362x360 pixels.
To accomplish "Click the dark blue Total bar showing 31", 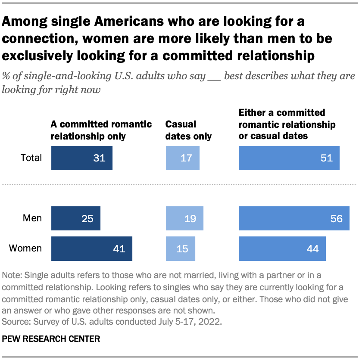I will [81, 158].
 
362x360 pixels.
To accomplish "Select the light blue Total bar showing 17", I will [183, 158].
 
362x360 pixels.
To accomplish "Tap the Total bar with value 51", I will [289, 158].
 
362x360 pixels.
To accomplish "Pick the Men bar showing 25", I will [75, 218].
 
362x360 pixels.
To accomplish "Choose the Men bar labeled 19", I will [184, 218].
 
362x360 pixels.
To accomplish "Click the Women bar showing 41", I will [91, 248].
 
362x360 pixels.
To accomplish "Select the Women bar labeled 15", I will [181, 248].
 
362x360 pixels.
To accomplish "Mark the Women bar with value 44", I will [282, 248].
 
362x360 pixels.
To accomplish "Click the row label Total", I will [31, 158].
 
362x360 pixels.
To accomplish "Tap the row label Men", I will [32, 218].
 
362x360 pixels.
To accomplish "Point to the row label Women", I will [25, 248].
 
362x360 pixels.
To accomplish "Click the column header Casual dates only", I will [188, 130].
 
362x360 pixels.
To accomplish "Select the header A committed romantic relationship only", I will [101, 130].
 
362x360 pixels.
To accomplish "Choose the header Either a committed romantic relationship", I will [287, 124].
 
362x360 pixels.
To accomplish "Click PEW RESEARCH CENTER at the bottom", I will [51, 339].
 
